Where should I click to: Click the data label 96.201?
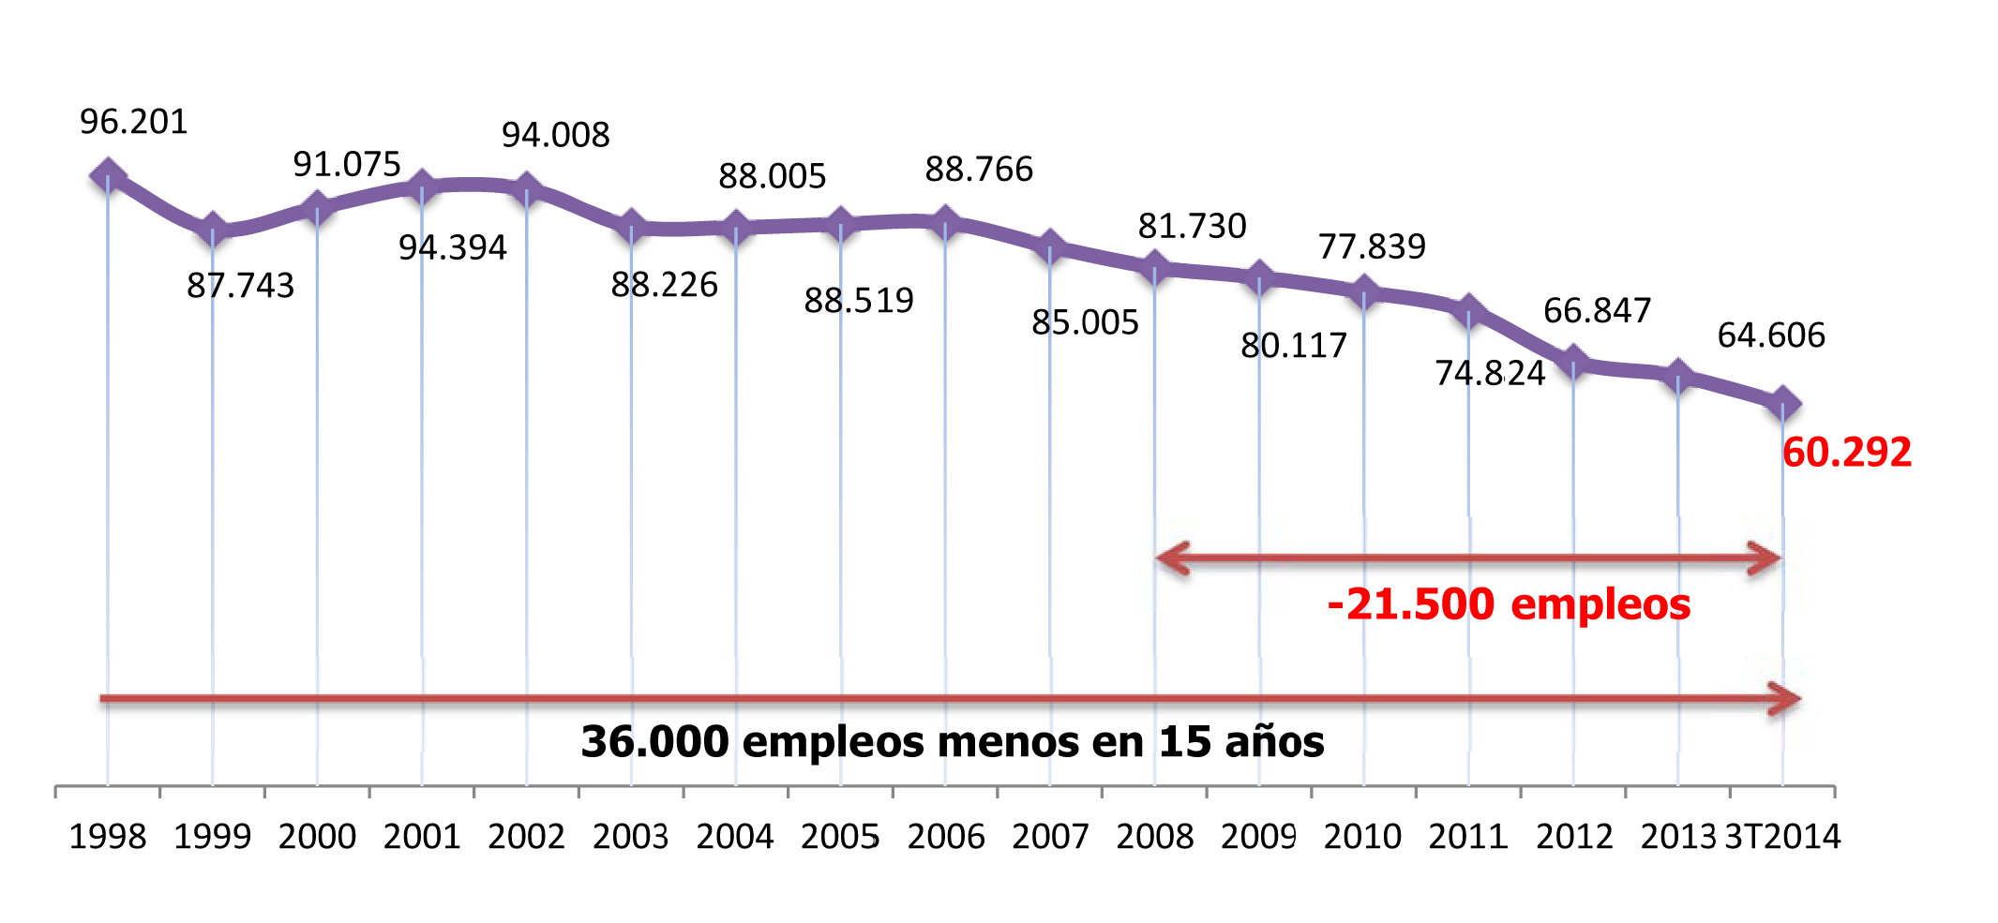[x=133, y=122]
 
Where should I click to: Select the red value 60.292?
[x=1846, y=453]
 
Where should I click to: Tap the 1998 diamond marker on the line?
[x=108, y=175]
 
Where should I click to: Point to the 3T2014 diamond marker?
[x=1781, y=404]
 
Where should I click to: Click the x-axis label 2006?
[x=945, y=836]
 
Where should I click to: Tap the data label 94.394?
[x=452, y=247]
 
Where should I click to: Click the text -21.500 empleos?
[x=1509, y=604]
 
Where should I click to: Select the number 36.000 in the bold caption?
[x=654, y=742]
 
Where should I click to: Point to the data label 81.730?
[x=1192, y=226]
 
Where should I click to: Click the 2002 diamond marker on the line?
[x=526, y=188]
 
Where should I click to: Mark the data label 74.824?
[x=1489, y=373]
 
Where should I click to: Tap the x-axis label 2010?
[x=1362, y=836]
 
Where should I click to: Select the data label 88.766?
[x=978, y=170]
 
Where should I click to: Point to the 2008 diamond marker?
[x=1154, y=269]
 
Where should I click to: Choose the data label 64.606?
[x=1771, y=335]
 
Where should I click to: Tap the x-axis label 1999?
[x=212, y=836]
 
